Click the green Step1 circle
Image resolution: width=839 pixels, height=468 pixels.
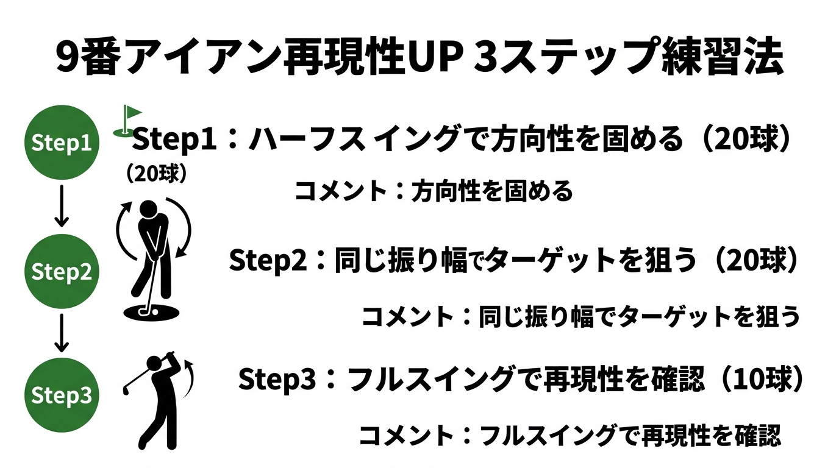point(61,144)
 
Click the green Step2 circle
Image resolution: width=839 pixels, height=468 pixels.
point(61,271)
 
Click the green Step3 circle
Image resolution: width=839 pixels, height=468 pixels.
point(61,396)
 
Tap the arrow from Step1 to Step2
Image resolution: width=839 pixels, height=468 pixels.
point(61,207)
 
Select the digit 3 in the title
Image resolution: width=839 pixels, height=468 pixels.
point(486,59)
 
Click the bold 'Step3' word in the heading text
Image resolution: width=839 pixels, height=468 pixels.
point(277,380)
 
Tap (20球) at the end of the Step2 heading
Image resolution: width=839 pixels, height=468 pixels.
point(756,261)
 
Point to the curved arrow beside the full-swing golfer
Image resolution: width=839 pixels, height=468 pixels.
point(190,374)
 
